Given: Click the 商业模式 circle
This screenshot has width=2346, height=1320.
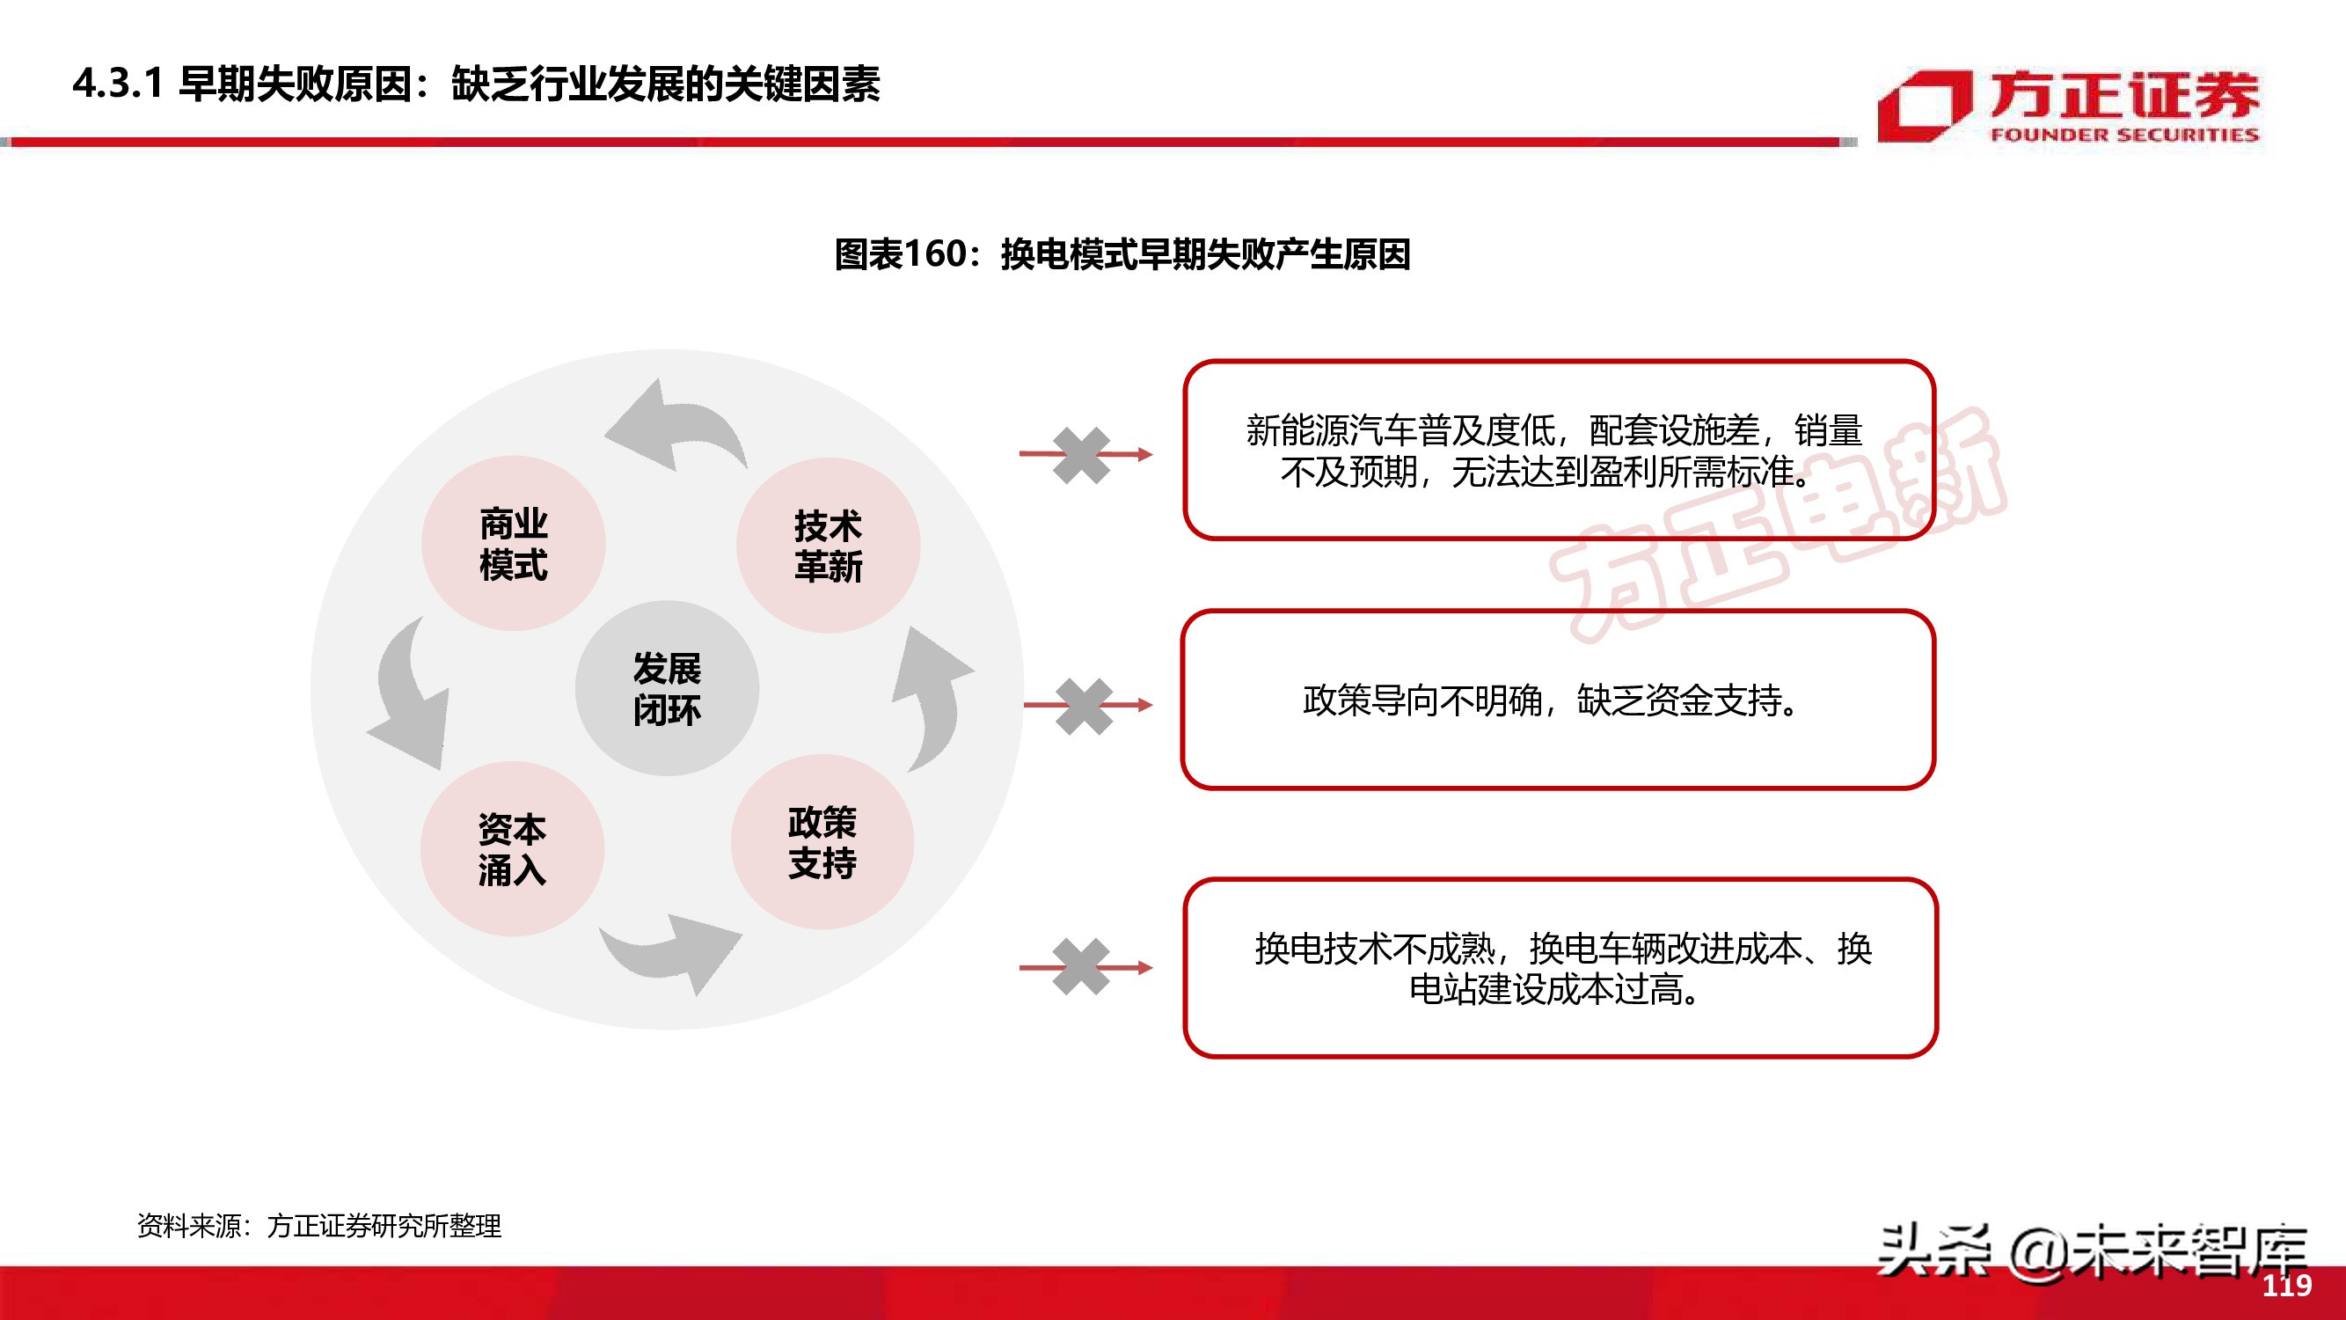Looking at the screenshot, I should [514, 544].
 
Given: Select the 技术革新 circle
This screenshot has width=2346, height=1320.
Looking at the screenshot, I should [828, 546].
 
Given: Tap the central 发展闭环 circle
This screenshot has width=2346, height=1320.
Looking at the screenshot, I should [667, 689].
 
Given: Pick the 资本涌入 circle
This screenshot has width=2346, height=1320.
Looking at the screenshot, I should [512, 849].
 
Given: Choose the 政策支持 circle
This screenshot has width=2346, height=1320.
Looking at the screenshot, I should [822, 842].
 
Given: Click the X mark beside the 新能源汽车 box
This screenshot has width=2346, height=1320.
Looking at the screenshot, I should [1081, 455].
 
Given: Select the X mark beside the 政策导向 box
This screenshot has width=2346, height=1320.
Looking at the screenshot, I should [1084, 706].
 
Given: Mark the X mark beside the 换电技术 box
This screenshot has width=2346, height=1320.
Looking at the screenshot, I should [1081, 966].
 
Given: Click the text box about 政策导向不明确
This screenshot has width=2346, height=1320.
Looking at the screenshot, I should [1558, 700].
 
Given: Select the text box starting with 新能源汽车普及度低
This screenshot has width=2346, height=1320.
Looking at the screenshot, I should [1558, 450].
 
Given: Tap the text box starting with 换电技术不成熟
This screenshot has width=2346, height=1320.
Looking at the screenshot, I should [1560, 967].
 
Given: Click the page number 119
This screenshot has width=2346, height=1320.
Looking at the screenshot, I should [2286, 1286].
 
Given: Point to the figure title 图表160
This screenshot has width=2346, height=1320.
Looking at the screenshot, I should [1122, 254].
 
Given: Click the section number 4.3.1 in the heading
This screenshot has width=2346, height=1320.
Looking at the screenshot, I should [118, 84].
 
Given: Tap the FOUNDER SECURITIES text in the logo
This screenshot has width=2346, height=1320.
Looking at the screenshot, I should [2123, 135].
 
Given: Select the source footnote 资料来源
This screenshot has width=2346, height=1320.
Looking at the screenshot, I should [318, 1226].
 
